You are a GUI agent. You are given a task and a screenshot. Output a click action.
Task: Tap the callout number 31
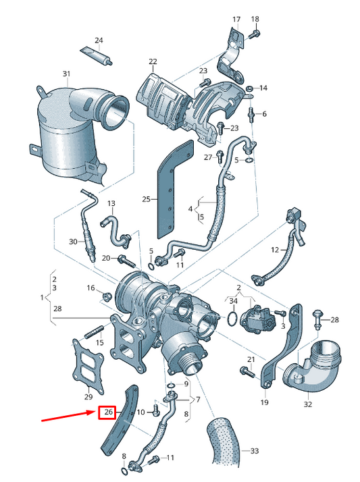[66, 74]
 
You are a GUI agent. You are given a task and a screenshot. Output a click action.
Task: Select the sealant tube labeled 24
[96, 55]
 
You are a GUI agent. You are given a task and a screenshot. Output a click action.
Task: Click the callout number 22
[153, 61]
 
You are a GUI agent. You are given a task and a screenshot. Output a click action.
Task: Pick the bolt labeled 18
[254, 34]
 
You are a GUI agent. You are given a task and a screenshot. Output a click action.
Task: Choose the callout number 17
[236, 20]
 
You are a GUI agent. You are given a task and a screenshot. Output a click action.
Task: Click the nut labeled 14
[250, 88]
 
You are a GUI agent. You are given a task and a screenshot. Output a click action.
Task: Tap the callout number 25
[147, 199]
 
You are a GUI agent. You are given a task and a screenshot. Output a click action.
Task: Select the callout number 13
[111, 203]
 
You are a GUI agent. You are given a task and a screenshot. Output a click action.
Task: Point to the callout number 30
[73, 242]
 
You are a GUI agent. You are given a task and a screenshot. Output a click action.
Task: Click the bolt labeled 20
[127, 261]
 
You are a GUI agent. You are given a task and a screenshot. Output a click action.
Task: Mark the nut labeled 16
[106, 296]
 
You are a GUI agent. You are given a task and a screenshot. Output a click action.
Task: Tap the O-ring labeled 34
[233, 318]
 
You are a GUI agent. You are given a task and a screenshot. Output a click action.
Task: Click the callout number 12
[274, 250]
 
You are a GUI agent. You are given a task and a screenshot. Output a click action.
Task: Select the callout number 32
[308, 404]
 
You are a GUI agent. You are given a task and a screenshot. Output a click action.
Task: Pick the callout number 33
[255, 451]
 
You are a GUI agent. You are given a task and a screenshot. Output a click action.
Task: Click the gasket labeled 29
[88, 365]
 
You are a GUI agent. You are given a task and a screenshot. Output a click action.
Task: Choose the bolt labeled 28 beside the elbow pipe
[317, 320]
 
